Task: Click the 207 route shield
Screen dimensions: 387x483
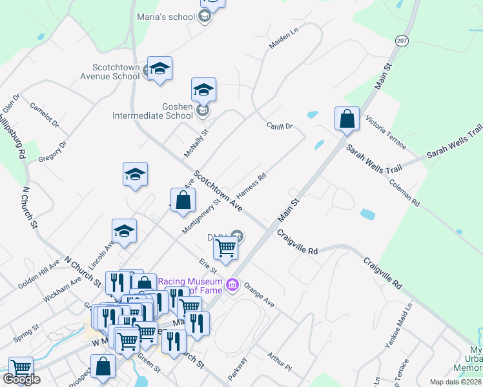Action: [402, 40]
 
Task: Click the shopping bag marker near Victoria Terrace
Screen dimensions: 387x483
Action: [347, 119]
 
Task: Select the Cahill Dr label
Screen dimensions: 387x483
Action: [280, 126]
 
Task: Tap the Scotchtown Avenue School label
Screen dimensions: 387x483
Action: [116, 71]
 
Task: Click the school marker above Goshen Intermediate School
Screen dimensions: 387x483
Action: [203, 90]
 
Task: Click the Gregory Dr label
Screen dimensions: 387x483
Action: [53, 152]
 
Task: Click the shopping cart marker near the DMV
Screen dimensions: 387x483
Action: [225, 248]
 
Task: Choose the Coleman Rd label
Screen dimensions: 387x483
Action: [405, 192]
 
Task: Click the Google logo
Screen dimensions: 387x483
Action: [21, 379]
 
